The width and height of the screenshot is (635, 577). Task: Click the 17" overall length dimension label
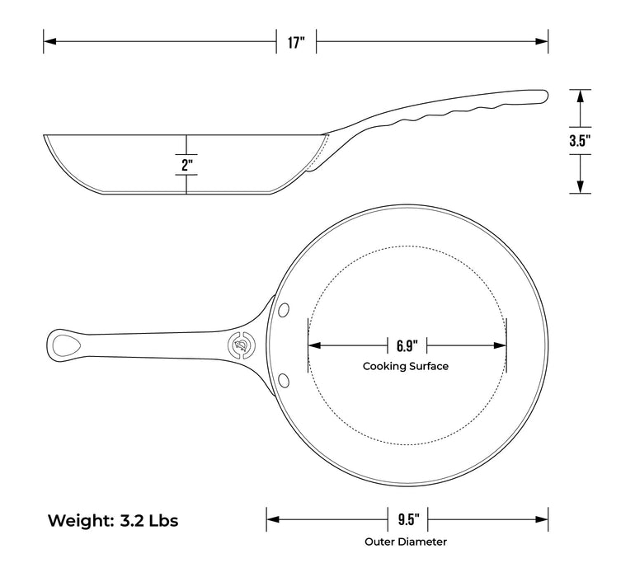pyautogui.click(x=297, y=40)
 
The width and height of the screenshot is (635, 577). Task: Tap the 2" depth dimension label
pyautogui.click(x=187, y=164)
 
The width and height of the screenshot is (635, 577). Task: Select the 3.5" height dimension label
pyautogui.click(x=581, y=141)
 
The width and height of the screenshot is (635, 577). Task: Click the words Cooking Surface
pyautogui.click(x=406, y=366)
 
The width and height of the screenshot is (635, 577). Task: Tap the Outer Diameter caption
pyautogui.click(x=407, y=542)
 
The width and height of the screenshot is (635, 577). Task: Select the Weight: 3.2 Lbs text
pyautogui.click(x=112, y=521)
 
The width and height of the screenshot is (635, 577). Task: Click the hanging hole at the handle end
pyautogui.click(x=65, y=343)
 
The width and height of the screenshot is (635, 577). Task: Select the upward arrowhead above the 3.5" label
pyautogui.click(x=581, y=95)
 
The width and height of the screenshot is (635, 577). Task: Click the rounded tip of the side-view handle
pyautogui.click(x=543, y=96)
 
